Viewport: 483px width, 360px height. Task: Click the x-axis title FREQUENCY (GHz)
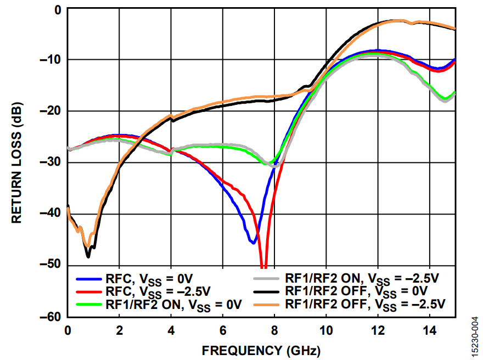[x=261, y=350]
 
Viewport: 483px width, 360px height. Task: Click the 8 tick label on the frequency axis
[x=274, y=330]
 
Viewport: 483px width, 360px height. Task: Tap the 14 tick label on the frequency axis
[x=429, y=330]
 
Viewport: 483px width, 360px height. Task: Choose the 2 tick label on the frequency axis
[x=119, y=330]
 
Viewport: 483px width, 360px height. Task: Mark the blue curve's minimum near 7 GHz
[x=253, y=242]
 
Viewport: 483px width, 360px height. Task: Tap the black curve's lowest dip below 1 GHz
[x=88, y=256]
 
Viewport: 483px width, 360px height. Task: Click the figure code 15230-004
[x=473, y=335]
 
